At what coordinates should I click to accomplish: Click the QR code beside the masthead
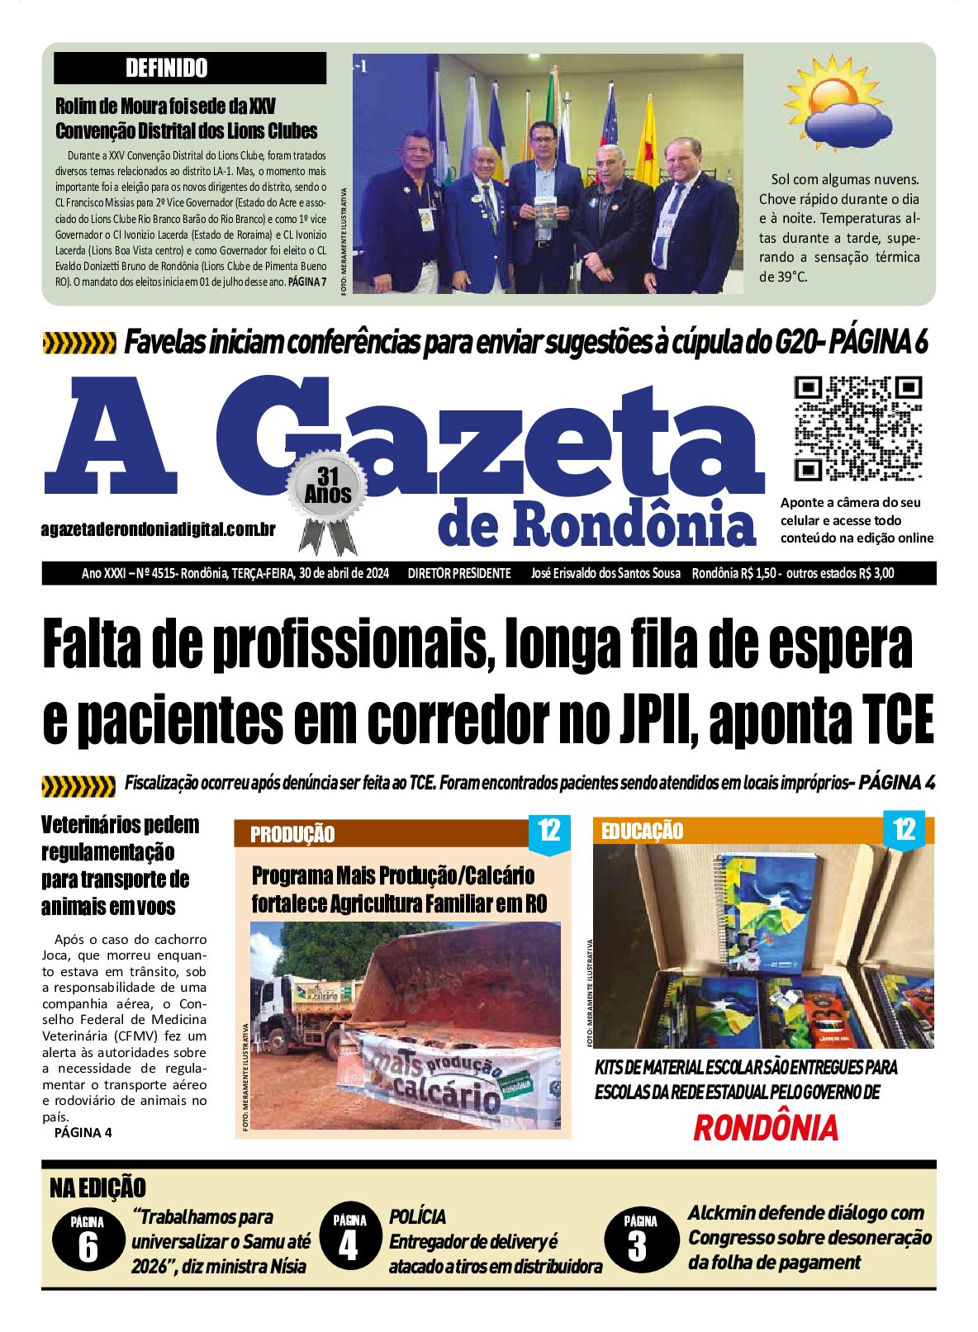coord(857,428)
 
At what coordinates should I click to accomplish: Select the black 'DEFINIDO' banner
coord(190,68)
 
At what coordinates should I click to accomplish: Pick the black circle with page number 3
coord(638,1239)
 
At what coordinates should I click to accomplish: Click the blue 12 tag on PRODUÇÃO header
coord(549,831)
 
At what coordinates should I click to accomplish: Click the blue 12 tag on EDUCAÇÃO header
coord(905,828)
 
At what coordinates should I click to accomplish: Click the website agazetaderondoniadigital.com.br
coord(158,530)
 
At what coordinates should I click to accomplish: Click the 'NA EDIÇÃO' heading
coord(97,1187)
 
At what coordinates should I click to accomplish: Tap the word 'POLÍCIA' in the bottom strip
coord(417,1216)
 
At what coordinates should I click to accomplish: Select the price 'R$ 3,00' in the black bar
coord(876,573)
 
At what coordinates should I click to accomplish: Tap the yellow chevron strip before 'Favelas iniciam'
coord(78,343)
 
